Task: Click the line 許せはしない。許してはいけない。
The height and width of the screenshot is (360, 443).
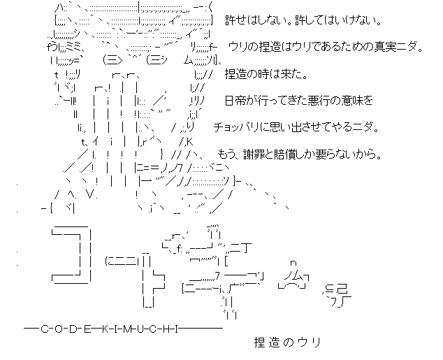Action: tap(303, 22)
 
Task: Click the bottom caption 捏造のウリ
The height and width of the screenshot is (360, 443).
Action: tap(286, 343)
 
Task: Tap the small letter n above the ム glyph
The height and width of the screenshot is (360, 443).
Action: tap(294, 263)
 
